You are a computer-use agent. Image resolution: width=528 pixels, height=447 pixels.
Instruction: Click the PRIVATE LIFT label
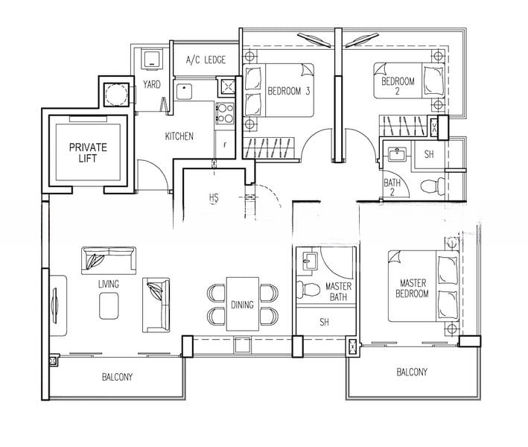click(x=88, y=153)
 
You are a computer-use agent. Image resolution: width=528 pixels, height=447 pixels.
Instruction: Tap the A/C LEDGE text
click(x=206, y=60)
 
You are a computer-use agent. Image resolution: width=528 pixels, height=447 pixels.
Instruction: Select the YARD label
click(x=151, y=84)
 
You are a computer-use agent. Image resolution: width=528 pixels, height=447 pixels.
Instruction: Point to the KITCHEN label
click(x=179, y=136)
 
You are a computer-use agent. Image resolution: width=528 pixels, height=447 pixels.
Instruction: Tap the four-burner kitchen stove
click(x=225, y=113)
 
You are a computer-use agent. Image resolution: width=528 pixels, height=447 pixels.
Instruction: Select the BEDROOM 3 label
click(x=289, y=91)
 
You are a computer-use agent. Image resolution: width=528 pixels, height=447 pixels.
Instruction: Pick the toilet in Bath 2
click(x=433, y=186)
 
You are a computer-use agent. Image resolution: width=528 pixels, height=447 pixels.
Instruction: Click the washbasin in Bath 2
click(x=398, y=155)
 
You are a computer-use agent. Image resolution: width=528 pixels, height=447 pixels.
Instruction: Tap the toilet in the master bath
click(x=308, y=289)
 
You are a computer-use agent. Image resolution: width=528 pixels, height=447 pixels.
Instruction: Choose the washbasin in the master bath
click(x=310, y=261)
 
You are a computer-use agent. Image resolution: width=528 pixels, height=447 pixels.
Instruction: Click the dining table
click(x=243, y=304)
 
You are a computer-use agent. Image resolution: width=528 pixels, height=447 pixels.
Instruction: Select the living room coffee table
click(x=109, y=306)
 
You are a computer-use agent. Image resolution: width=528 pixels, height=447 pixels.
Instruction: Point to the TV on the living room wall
click(x=54, y=305)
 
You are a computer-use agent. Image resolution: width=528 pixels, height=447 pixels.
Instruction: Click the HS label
click(x=214, y=197)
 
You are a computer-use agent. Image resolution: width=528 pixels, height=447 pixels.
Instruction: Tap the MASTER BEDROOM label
click(x=412, y=288)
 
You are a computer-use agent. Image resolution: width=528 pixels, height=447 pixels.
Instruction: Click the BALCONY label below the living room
click(x=117, y=377)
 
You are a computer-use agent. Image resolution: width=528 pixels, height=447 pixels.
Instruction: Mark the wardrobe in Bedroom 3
click(x=269, y=148)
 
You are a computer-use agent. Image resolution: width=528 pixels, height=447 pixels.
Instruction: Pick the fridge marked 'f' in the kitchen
click(x=225, y=145)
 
